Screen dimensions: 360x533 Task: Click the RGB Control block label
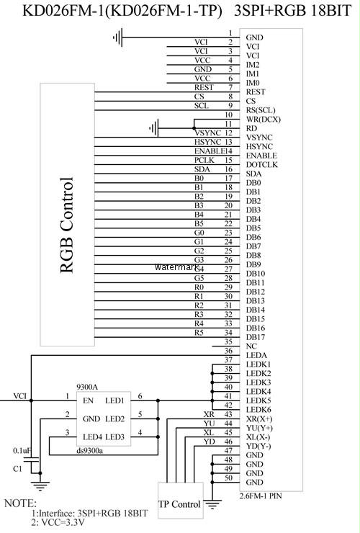tap(66, 225)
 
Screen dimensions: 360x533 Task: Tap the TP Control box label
tap(179, 504)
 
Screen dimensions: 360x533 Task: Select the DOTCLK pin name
tap(262, 165)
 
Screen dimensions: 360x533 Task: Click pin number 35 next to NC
tap(228, 341)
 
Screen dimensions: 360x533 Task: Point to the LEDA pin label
tap(256, 356)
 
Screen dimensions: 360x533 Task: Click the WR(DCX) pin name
tap(264, 120)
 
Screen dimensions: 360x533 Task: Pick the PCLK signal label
tap(204, 160)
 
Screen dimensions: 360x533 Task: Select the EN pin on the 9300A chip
tap(88, 400)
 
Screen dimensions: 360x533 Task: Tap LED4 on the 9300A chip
tap(92, 437)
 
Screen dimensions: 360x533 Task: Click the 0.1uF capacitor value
tap(22, 451)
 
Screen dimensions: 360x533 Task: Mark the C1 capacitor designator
tap(18, 469)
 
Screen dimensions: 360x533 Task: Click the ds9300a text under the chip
tap(90, 451)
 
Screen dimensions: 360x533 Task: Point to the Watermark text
tap(176, 267)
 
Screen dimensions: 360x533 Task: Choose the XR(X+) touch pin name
tap(259, 419)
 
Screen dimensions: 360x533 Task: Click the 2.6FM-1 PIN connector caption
tap(261, 496)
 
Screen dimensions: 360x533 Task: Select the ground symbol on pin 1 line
tap(117, 37)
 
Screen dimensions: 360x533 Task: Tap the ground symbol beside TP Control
tap(212, 504)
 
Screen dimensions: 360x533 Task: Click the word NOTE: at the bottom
tap(20, 503)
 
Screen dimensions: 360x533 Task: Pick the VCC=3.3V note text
tap(58, 522)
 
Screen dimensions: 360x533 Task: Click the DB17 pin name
tap(256, 338)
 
